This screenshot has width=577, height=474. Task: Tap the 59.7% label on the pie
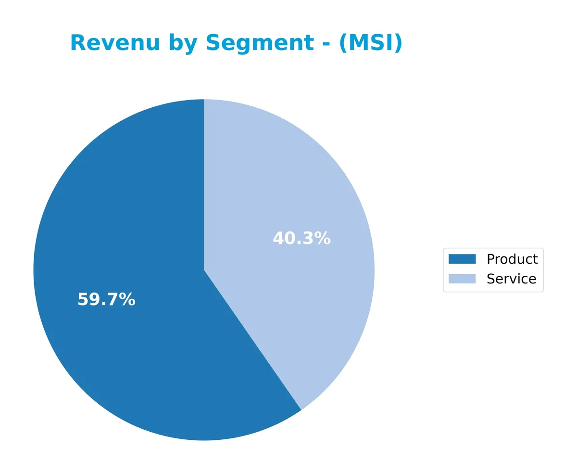[x=106, y=300]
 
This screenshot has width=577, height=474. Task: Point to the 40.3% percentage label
[x=301, y=239]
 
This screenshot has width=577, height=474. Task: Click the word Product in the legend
[x=512, y=259]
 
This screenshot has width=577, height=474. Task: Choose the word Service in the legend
[x=511, y=279]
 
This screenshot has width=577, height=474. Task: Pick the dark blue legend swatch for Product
[x=462, y=259]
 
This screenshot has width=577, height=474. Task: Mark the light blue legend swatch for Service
[x=462, y=279]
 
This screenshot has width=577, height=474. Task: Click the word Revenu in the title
[x=114, y=43]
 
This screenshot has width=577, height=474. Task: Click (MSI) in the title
[x=371, y=43]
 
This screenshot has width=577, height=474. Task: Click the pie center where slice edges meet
[x=204, y=270]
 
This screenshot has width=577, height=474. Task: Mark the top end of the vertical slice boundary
[x=204, y=100]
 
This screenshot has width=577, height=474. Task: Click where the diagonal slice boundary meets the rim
[x=301, y=410]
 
